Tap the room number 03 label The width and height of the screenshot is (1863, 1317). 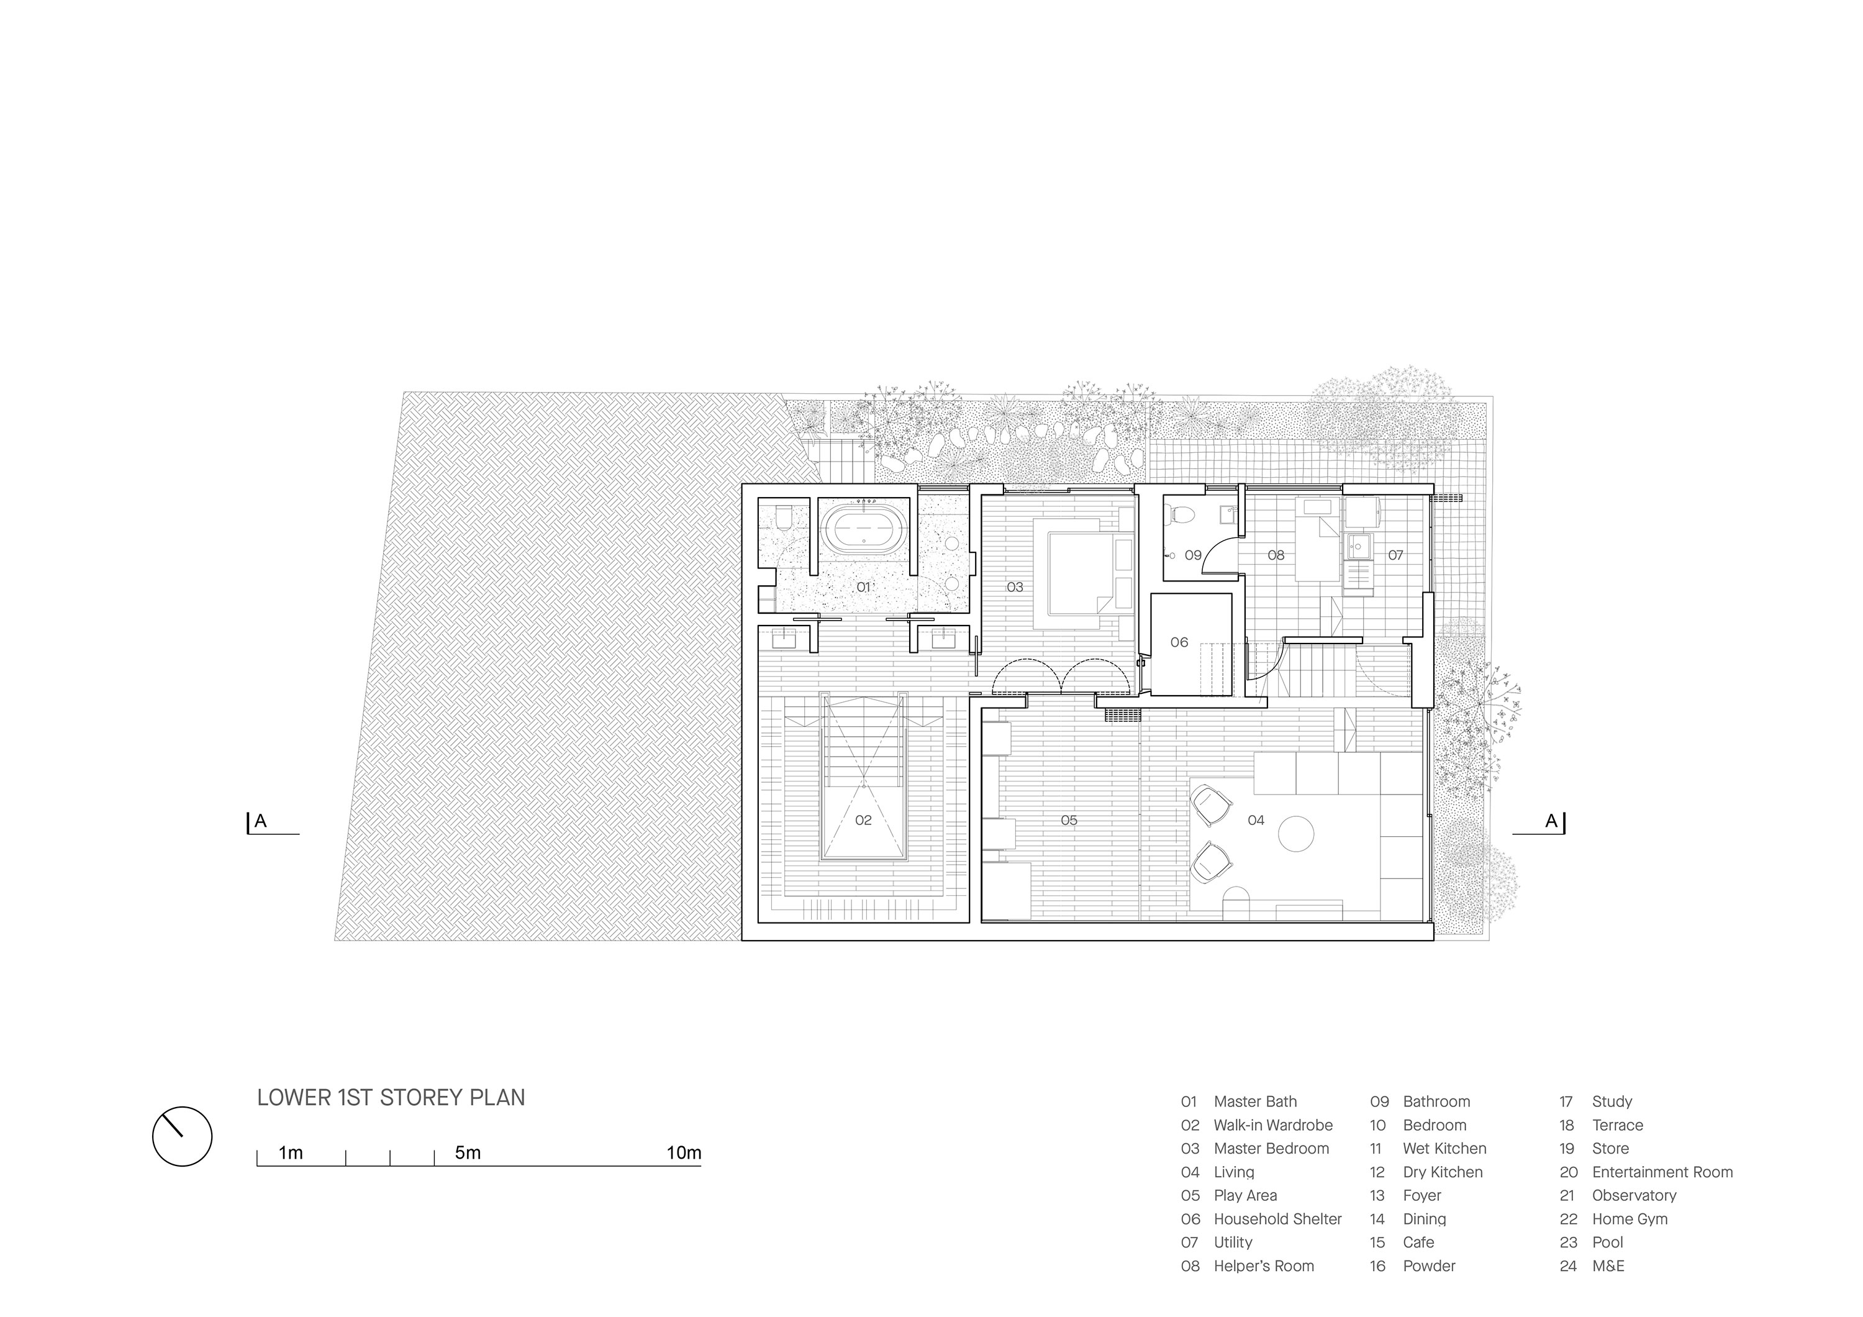point(1015,586)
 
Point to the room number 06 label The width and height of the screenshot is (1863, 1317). point(1179,642)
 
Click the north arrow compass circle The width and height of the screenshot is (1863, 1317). point(183,1136)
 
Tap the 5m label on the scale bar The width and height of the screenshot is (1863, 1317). point(468,1153)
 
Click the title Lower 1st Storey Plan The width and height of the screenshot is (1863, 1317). point(391,1097)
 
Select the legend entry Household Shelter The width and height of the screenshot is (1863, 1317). point(1277,1219)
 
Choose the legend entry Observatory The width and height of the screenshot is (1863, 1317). point(1634,1195)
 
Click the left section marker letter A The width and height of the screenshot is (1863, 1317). point(260,821)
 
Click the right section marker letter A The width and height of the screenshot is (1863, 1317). point(1551,821)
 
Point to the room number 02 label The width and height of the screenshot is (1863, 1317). point(863,821)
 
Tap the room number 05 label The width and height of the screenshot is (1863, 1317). point(1069,821)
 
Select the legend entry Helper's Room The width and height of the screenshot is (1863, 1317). point(1263,1266)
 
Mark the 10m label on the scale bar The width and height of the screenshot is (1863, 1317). point(684,1153)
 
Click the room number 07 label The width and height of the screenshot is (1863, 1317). point(1395,555)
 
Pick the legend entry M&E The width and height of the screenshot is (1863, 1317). point(1608,1266)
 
